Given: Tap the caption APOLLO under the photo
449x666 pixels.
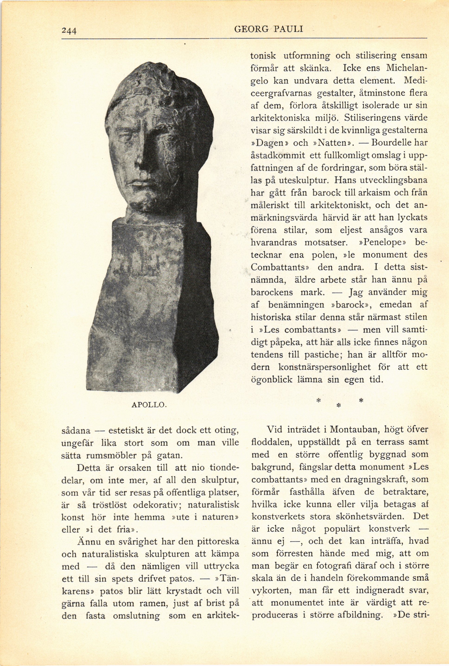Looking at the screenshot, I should click(149, 405).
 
